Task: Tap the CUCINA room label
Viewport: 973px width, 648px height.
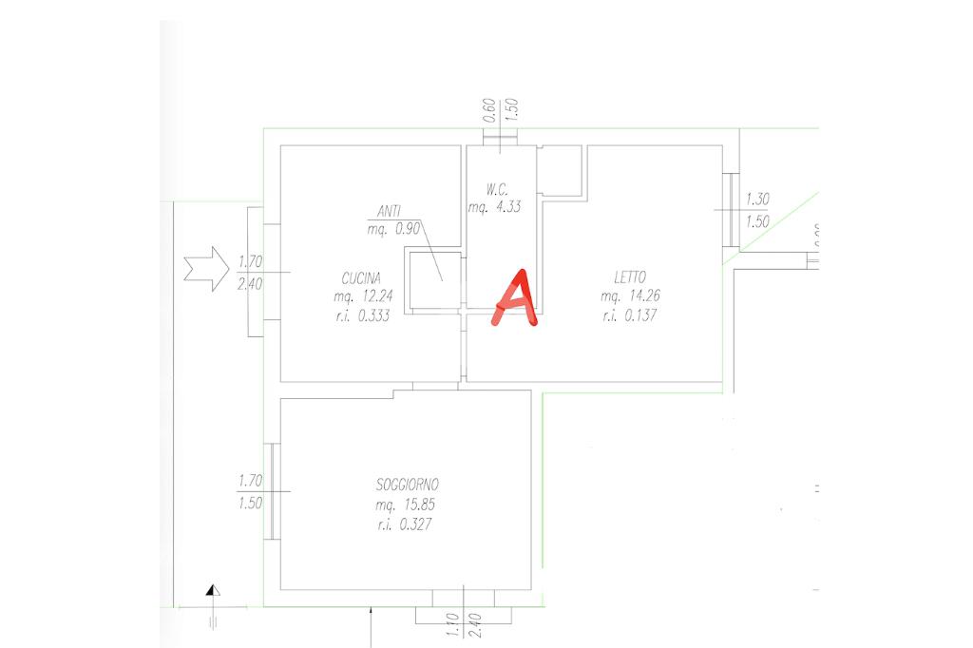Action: [x=361, y=278]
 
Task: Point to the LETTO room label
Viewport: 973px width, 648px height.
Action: [x=630, y=277]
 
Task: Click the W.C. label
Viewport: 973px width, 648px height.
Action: [x=487, y=189]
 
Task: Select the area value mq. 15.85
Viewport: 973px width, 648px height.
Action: [x=407, y=505]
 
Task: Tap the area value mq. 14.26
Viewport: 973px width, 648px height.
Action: [x=631, y=296]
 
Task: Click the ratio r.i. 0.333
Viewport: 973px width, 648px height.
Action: [x=359, y=316]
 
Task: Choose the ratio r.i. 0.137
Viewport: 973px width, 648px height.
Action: [x=631, y=315]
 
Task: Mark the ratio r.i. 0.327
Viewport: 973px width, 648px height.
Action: [x=407, y=524]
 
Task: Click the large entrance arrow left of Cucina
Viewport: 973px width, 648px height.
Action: [x=204, y=269]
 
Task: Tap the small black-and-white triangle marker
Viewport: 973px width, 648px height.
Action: [x=214, y=591]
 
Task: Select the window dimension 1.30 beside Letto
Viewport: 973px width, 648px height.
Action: [x=757, y=200]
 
